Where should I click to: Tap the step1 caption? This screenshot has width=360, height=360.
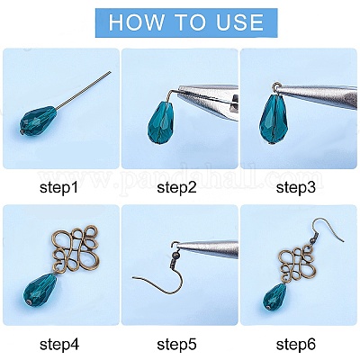point(58,188)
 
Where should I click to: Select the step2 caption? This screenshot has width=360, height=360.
point(176,188)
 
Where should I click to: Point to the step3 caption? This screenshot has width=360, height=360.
point(296,188)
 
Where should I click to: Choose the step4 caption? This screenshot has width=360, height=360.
point(59,345)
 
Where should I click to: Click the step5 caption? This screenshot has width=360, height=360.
point(177,345)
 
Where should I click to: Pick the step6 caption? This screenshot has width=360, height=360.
point(296,345)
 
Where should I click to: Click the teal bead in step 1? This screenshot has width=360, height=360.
point(37,121)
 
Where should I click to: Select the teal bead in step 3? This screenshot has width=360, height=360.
point(274,119)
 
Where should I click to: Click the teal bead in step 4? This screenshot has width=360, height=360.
point(40,289)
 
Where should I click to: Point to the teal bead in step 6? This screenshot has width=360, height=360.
point(274,297)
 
